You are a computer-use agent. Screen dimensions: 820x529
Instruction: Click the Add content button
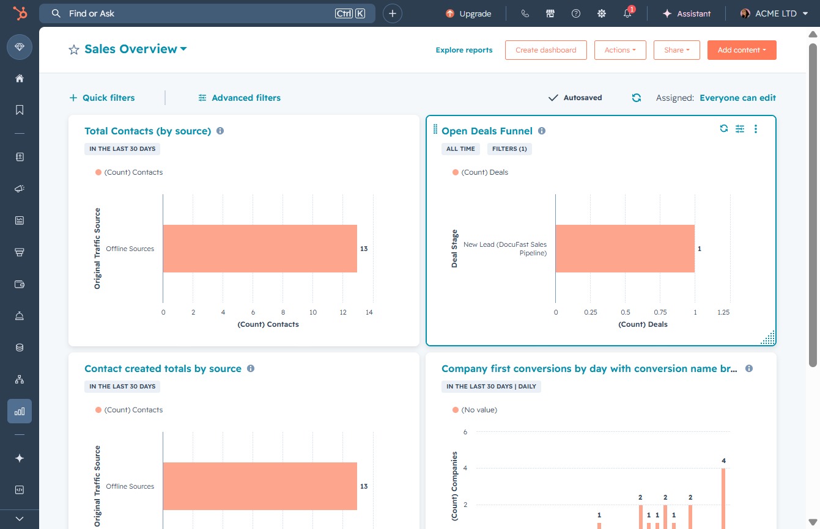click(x=742, y=50)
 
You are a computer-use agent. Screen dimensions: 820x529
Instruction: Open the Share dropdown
click(x=676, y=50)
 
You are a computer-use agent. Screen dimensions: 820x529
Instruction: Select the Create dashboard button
click(x=546, y=50)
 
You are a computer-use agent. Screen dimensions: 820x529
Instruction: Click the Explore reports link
click(x=464, y=50)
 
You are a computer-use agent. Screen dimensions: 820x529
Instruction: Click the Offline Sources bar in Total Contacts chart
click(x=260, y=249)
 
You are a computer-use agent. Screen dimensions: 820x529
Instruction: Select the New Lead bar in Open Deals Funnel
click(x=625, y=249)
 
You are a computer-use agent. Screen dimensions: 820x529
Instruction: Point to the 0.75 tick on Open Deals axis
click(x=660, y=312)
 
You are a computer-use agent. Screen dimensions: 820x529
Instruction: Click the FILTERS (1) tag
click(x=509, y=149)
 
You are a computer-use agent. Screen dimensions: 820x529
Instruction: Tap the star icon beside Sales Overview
click(x=74, y=49)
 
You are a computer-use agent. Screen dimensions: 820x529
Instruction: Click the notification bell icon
click(x=627, y=13)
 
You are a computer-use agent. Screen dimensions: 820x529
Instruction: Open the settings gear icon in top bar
click(x=602, y=13)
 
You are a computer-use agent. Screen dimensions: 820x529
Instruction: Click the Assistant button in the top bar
click(x=686, y=13)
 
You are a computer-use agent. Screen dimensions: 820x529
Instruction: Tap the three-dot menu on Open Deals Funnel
click(x=756, y=129)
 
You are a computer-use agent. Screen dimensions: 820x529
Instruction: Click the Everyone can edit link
click(x=737, y=98)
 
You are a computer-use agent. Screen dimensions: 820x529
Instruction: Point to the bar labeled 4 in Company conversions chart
click(x=723, y=498)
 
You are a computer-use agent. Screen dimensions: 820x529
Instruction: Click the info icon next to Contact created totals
click(x=251, y=368)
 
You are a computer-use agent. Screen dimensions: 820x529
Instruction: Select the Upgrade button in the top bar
click(x=468, y=13)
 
